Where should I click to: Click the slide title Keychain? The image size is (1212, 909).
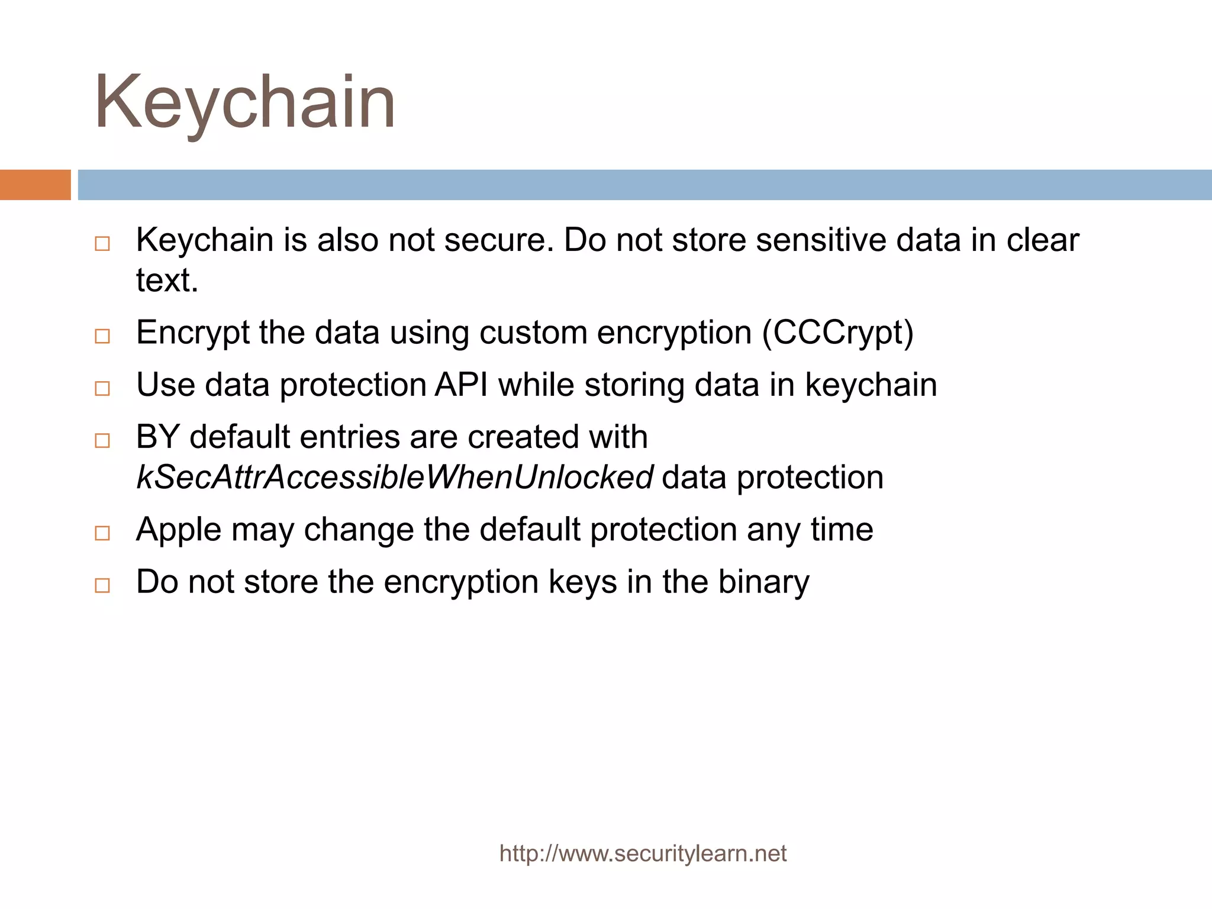tap(244, 102)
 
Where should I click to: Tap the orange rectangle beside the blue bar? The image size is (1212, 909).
tap(35, 185)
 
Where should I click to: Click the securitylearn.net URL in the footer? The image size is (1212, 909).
tap(643, 853)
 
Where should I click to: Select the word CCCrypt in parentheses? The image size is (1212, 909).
tap(837, 333)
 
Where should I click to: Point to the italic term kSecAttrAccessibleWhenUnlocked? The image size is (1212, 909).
tap(395, 478)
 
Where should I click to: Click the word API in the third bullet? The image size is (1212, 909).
tap(462, 385)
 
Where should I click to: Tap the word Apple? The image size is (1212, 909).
tap(179, 530)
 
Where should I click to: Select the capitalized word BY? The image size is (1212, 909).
tap(157, 437)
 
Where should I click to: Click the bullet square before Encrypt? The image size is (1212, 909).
tap(102, 336)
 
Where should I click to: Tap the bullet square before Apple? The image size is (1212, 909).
tap(102, 533)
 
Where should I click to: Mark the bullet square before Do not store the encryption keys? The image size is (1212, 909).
tap(102, 585)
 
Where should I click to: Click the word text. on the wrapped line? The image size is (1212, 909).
tap(167, 281)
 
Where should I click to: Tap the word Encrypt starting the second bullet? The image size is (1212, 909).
tap(192, 333)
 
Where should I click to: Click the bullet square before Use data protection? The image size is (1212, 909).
tap(102, 388)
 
